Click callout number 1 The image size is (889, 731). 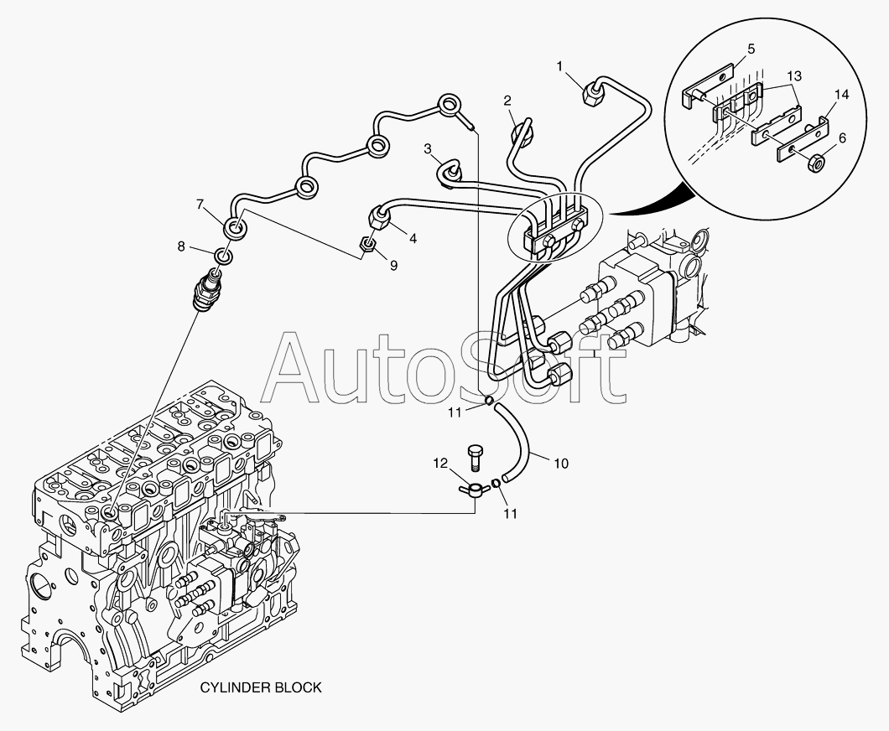561,65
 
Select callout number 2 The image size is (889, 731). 507,101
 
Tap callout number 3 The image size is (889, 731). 428,149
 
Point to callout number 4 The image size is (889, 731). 413,237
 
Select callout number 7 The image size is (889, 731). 200,204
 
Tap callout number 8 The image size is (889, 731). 181,246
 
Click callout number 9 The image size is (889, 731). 393,265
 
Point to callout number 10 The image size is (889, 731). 561,462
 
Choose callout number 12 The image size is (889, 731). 440,462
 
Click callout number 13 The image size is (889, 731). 794,75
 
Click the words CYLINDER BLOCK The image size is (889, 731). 260,687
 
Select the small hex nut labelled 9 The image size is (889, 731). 367,246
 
